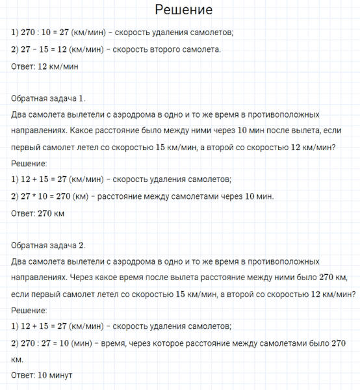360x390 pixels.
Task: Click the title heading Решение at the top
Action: [180, 11]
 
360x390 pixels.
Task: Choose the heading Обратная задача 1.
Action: [49, 99]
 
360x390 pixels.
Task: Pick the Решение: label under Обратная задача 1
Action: [29, 163]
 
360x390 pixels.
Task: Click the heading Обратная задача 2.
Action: [49, 245]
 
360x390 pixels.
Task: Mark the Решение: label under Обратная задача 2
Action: [29, 310]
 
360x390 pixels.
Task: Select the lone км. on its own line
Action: [18, 359]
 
